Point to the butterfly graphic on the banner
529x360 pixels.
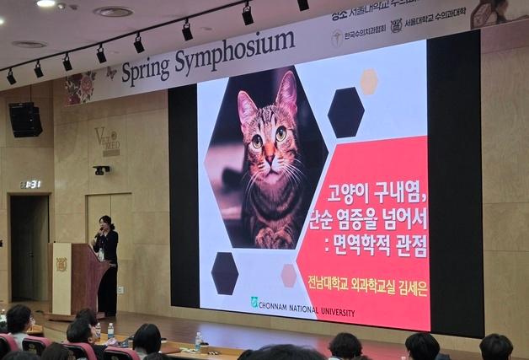click(x=110, y=73)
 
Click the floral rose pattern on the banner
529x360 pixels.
click(x=82, y=87)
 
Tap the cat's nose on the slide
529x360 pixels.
click(x=269, y=157)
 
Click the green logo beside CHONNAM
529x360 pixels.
click(x=254, y=302)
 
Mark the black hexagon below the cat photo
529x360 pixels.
click(x=224, y=271)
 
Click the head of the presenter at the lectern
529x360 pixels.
click(x=105, y=223)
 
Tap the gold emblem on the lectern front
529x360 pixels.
click(x=61, y=264)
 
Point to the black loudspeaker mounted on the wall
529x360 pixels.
click(x=25, y=119)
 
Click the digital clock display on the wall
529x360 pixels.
click(x=30, y=184)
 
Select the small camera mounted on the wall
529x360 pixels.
click(x=101, y=169)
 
